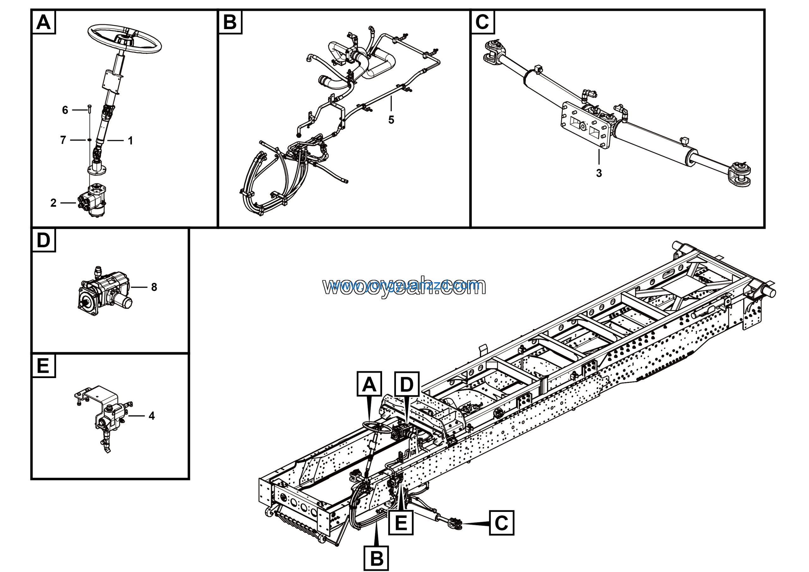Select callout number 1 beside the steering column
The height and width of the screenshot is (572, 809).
(x=131, y=141)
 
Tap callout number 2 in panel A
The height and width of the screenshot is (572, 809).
(x=53, y=203)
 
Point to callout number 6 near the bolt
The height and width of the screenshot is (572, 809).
(x=65, y=110)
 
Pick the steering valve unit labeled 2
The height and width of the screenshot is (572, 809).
(x=94, y=200)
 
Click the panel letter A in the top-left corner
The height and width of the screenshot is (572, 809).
(x=43, y=22)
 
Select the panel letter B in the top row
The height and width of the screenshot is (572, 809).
(x=230, y=22)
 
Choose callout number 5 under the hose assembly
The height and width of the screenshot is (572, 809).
(x=391, y=120)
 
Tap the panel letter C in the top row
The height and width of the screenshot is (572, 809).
(x=482, y=22)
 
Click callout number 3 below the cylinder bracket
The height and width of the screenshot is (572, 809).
(x=599, y=173)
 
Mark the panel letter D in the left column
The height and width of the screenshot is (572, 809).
(x=43, y=240)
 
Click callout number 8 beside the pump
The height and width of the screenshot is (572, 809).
(x=154, y=287)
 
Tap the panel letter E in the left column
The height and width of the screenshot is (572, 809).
(x=43, y=366)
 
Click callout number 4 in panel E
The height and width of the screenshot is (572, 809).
(x=151, y=416)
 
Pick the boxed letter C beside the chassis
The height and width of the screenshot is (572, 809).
(x=501, y=523)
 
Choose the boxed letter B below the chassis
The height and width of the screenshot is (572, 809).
(x=377, y=558)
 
